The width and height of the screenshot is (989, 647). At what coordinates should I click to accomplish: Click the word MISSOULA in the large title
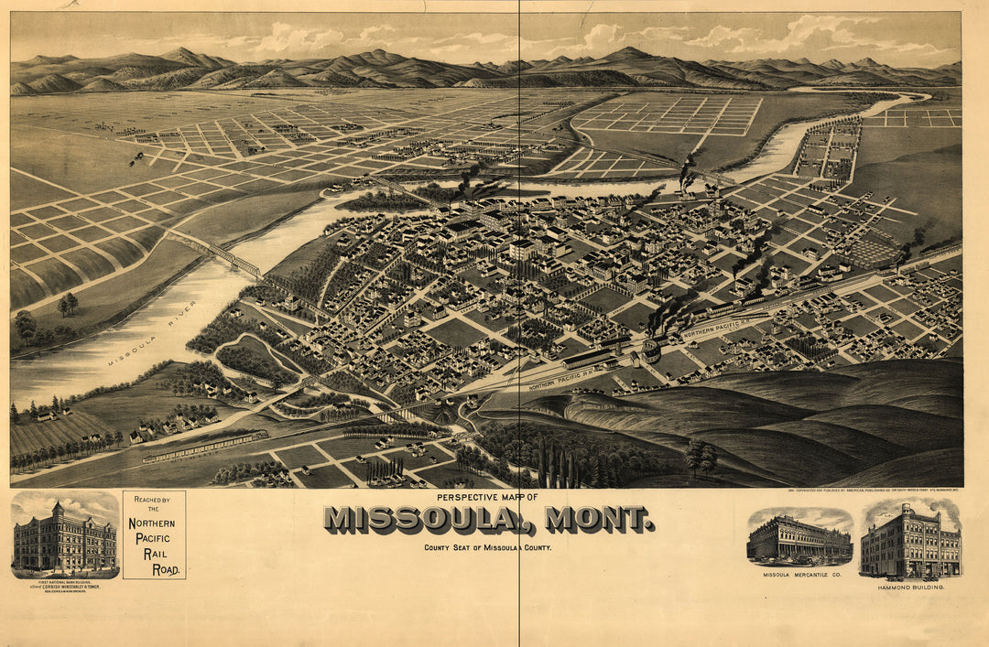coord(421,520)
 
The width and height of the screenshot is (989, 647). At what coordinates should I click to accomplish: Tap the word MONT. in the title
coord(600,520)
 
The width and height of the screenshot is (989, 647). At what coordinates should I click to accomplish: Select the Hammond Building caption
coord(910,587)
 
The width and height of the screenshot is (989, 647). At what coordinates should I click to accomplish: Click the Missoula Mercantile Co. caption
coord(799,575)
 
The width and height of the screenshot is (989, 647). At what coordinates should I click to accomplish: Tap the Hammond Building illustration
coord(910,543)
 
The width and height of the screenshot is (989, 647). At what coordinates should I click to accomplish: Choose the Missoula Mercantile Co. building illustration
coord(799,540)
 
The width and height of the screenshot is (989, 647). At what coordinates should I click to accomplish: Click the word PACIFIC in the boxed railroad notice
coord(154,539)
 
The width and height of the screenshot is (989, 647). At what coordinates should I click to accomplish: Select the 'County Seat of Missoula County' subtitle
coord(487,547)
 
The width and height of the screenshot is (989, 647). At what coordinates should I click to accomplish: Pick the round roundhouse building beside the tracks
coord(652,350)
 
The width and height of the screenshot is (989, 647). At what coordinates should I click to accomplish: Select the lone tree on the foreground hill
coord(701,455)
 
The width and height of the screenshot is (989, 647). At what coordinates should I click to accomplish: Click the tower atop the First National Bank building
coord(57,509)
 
